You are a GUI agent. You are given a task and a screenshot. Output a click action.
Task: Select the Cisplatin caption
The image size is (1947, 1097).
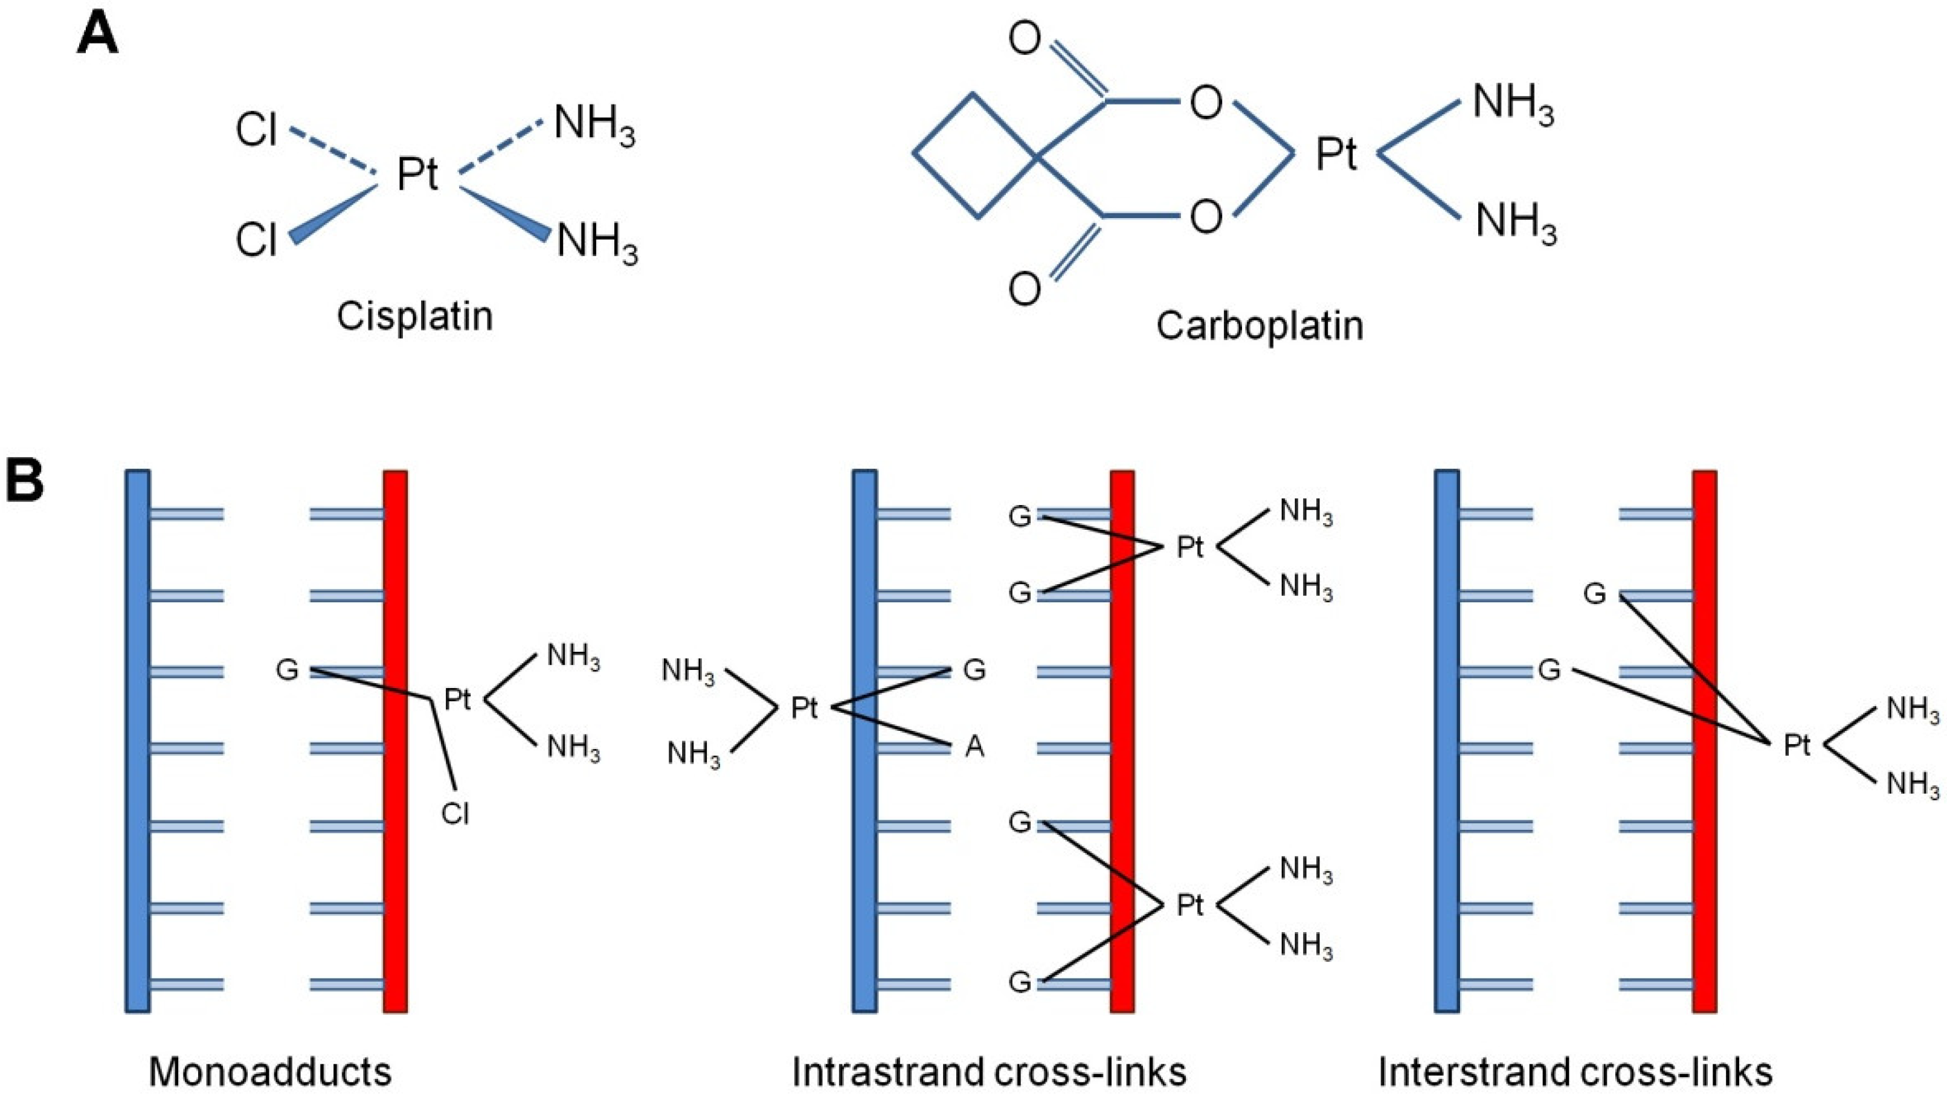414,316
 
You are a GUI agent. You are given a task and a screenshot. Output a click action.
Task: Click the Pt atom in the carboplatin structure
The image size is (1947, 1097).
1336,154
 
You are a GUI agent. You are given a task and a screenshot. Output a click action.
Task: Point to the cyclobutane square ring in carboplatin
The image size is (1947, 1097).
975,156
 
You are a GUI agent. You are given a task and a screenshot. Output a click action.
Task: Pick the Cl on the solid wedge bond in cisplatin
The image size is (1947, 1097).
256,240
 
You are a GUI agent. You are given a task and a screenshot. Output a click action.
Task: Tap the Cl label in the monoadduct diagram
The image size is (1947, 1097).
455,814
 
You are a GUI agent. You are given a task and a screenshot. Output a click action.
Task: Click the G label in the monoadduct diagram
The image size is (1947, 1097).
287,670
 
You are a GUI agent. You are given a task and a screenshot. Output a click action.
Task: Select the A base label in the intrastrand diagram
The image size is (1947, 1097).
975,747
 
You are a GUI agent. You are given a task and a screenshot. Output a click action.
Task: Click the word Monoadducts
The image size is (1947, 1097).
270,1071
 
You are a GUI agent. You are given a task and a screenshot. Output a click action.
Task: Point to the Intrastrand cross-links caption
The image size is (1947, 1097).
989,1071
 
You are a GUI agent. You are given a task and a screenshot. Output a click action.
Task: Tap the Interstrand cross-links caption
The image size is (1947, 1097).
1575,1071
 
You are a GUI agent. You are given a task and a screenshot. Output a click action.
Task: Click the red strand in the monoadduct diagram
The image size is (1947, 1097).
395,869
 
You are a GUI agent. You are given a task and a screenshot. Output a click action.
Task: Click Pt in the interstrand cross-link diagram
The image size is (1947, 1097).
1797,745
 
